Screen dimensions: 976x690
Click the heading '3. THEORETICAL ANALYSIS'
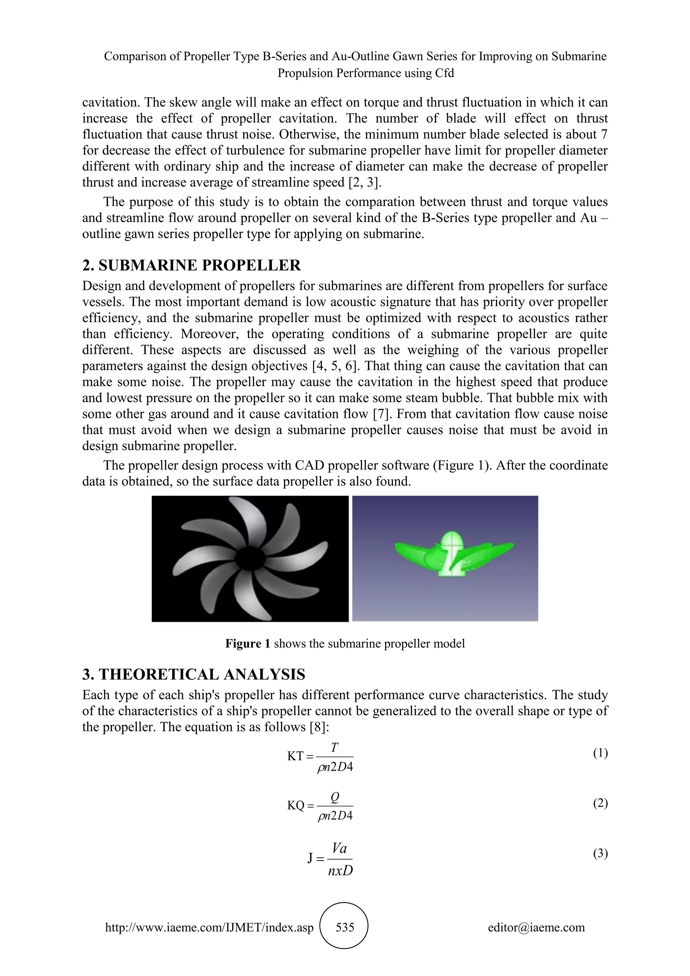(x=194, y=675)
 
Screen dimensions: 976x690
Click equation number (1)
(x=600, y=753)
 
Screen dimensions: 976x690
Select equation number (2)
(x=600, y=803)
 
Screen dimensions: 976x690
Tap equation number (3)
(x=600, y=853)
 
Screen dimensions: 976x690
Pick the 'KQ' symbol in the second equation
(x=296, y=805)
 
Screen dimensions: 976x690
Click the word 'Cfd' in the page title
(x=444, y=73)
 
